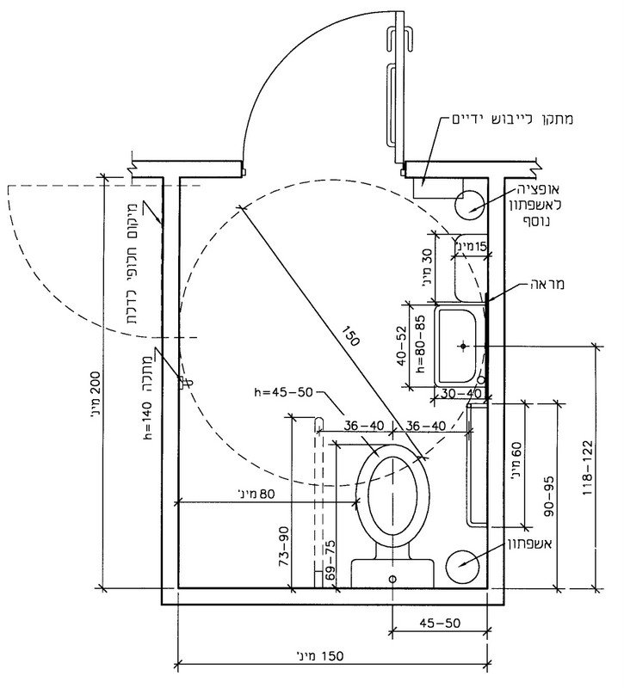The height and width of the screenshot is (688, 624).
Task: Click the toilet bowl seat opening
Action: pyautogui.click(x=392, y=496)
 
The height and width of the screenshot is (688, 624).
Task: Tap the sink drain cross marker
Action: pyautogui.click(x=463, y=347)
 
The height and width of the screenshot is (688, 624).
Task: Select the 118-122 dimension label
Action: pyautogui.click(x=588, y=468)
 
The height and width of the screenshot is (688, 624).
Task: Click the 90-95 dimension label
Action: pyautogui.click(x=549, y=496)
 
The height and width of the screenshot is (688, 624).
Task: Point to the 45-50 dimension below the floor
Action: pyautogui.click(x=440, y=623)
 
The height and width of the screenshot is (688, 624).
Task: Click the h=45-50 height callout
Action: pyautogui.click(x=284, y=392)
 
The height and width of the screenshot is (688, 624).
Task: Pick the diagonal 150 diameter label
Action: pyautogui.click(x=350, y=335)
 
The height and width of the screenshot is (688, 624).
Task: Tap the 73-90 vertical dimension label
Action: pyautogui.click(x=284, y=546)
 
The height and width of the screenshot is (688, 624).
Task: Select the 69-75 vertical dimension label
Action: pyautogui.click(x=330, y=562)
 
